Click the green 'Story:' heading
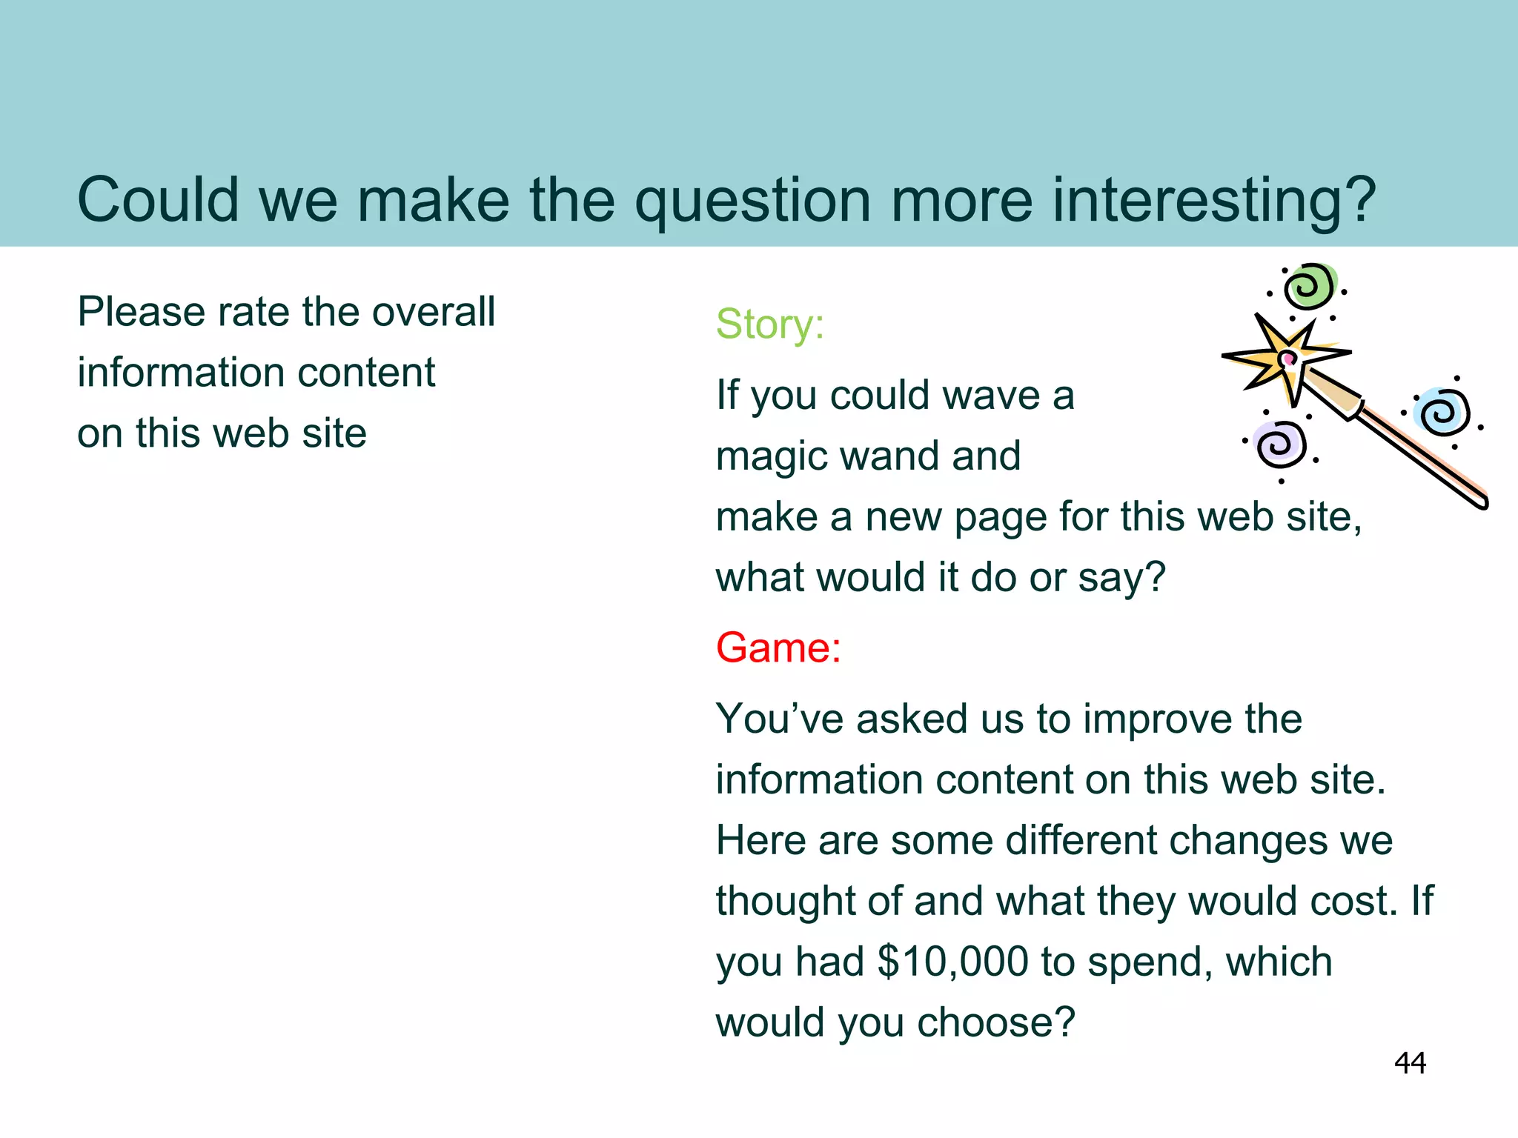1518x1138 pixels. (769, 325)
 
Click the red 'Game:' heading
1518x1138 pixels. (778, 648)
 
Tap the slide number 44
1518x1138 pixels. (1410, 1063)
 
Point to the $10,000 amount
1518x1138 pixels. (953, 962)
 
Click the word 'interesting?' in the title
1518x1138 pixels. (1214, 200)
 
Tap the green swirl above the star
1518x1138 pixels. (1310, 286)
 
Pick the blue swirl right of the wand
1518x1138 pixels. (1442, 412)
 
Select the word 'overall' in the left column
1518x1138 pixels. (434, 312)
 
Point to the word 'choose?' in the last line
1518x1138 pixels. (995, 1022)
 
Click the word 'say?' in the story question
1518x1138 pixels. (1121, 578)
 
